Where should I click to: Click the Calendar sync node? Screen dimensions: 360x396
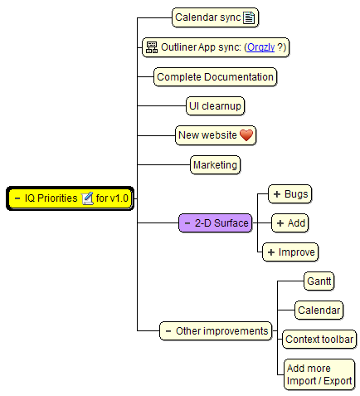tap(215, 17)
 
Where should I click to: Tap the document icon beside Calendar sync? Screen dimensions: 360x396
tap(249, 17)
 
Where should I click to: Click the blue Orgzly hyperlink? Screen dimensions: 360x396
tap(260, 47)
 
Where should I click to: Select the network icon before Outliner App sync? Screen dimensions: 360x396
tap(152, 47)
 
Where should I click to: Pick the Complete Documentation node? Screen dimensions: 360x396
tap(215, 77)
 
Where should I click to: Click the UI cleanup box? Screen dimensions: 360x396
tap(215, 106)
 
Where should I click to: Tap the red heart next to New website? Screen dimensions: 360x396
tap(246, 135)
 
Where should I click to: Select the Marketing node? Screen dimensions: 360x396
tap(215, 165)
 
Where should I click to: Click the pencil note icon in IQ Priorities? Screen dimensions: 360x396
tap(87, 198)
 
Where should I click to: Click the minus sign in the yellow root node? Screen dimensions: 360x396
tap(17, 198)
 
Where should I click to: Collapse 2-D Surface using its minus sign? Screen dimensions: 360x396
tap(187, 223)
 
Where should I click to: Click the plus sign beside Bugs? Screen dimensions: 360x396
tap(277, 194)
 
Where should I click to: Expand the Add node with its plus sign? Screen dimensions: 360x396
tap(280, 223)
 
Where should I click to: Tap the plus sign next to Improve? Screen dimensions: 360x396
tap(271, 252)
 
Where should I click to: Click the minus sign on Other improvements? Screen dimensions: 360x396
tap(168, 331)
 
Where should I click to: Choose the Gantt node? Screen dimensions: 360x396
tap(319, 281)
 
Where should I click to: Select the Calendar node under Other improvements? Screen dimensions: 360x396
tap(319, 310)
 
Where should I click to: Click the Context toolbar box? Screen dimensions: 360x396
tap(319, 340)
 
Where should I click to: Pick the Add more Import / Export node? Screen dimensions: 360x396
tap(319, 374)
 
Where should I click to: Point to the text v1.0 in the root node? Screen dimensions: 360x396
tap(119, 198)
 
